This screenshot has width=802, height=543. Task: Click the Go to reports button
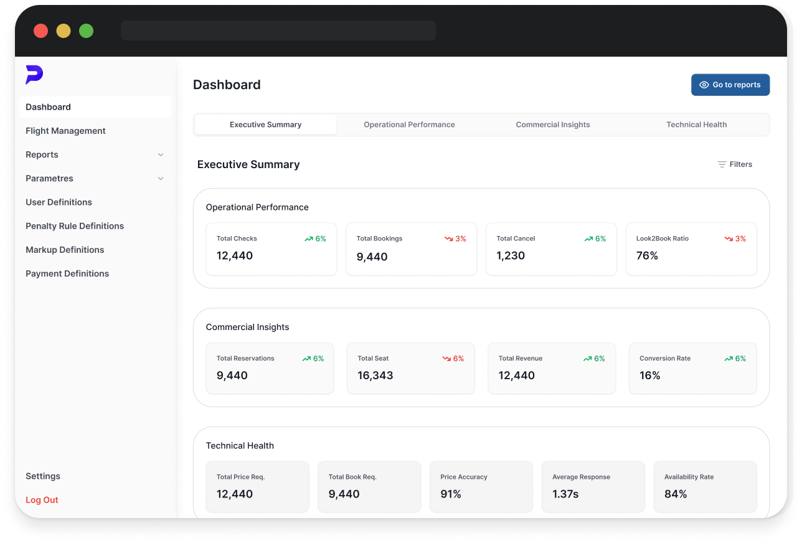[730, 85]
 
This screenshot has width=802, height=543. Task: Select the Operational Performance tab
[409, 125]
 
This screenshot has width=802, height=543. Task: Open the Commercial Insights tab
[552, 125]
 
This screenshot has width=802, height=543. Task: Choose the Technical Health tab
[696, 125]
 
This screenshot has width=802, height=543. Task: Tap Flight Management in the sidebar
[65, 131]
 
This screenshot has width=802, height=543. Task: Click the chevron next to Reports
[161, 155]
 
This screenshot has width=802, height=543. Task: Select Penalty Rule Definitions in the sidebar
[75, 226]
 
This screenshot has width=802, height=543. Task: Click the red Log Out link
[42, 500]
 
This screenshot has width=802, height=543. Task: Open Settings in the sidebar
[43, 476]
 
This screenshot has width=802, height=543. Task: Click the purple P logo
[34, 75]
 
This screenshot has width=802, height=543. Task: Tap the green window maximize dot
[86, 31]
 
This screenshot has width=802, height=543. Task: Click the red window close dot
[40, 31]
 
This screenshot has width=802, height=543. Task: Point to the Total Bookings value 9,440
[372, 257]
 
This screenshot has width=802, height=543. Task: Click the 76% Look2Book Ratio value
[647, 256]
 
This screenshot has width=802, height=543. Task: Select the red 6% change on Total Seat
[453, 359]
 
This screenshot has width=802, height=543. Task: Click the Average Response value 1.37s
[565, 494]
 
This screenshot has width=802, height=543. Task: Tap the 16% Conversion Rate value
[649, 375]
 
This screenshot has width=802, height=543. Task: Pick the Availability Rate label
[689, 477]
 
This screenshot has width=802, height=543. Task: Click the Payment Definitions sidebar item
[67, 273]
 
